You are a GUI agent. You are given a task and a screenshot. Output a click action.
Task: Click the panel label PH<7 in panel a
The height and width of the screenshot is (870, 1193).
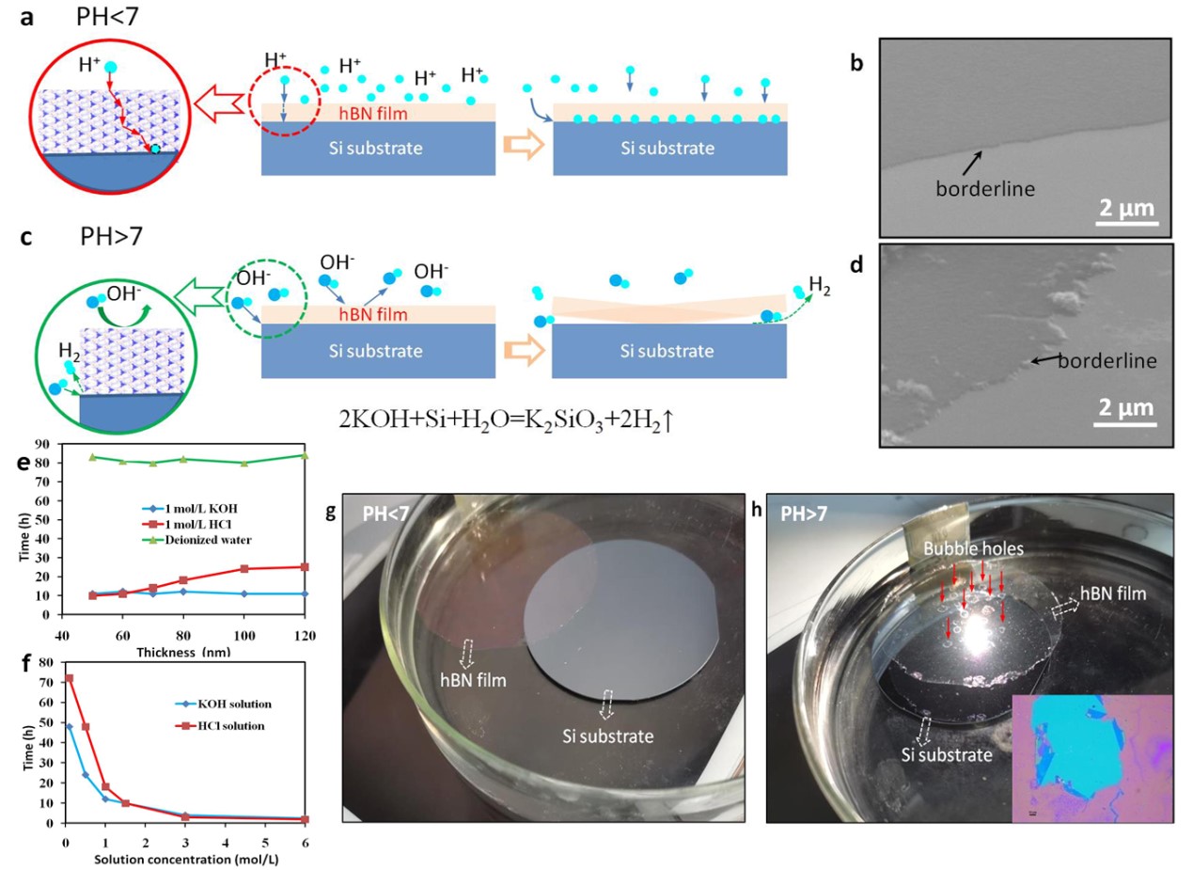pos(107,16)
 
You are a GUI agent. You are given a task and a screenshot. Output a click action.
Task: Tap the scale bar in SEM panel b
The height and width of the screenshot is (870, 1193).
pos(1126,224)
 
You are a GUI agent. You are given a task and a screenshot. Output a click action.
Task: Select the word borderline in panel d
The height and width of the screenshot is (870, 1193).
pos(1107,360)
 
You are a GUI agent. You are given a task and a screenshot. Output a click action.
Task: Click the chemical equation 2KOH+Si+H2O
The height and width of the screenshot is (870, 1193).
pos(507,420)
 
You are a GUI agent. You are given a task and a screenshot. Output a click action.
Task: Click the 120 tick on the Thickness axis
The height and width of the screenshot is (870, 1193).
pos(306,635)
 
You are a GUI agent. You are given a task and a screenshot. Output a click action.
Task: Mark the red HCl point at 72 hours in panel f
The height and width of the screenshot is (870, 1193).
pos(70,678)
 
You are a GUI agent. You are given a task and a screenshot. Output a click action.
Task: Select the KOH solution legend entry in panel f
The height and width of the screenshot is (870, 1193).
pos(224,704)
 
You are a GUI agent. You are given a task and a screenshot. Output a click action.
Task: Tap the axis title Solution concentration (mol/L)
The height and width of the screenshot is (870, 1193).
pos(186,860)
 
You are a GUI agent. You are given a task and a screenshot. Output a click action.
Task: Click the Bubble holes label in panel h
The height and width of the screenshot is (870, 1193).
pos(974,548)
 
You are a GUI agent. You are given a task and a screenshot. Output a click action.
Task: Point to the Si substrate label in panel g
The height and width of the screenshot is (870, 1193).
pos(608,736)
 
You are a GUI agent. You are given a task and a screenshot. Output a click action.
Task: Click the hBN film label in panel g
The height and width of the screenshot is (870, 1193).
pos(473,680)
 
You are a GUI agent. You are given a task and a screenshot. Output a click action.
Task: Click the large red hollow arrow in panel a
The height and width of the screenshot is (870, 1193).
pos(220,103)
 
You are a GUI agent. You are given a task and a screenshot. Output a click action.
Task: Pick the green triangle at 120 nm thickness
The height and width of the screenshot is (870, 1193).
pos(306,455)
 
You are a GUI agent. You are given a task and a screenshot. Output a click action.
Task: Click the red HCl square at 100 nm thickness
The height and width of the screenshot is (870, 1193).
pos(244,569)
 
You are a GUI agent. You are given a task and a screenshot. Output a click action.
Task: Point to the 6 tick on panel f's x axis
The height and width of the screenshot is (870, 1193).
pos(306,843)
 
